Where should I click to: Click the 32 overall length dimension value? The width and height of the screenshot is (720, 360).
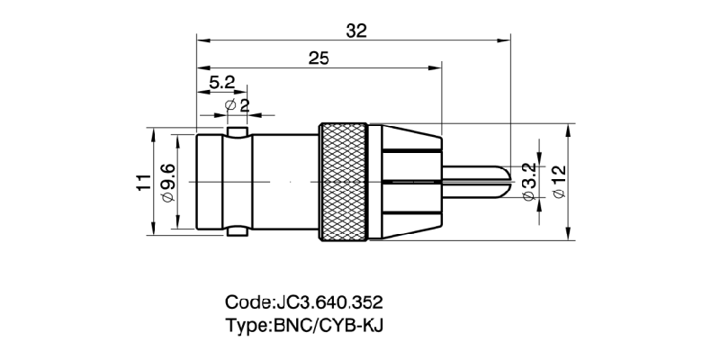356,31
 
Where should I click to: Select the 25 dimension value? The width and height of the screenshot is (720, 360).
318,58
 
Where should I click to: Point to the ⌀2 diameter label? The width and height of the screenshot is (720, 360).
238,105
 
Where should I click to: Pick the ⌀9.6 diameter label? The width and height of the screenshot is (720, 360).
166,183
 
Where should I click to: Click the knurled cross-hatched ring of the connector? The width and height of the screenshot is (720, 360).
343,183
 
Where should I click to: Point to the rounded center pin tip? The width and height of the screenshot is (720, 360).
504,181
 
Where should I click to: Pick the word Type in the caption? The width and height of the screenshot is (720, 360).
244,324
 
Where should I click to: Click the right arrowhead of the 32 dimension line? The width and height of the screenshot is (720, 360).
505,40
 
